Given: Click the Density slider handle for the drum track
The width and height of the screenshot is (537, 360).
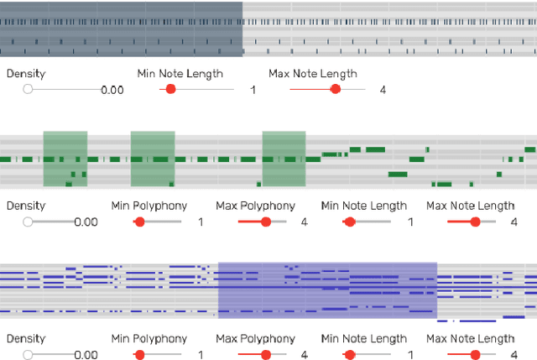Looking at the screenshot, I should (x=29, y=89).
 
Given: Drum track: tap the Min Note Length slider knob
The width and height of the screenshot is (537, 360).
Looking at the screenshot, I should (x=171, y=89).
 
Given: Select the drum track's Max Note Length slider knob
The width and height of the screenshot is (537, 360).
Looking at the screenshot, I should (x=336, y=89).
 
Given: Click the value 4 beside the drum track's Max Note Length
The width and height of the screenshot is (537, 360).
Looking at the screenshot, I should (x=383, y=89).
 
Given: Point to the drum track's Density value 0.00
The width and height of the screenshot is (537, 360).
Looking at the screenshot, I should (x=112, y=90).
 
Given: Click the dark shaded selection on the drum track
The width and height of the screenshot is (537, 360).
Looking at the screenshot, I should (x=121, y=29).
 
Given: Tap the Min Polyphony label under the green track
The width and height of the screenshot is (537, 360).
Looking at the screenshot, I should (x=149, y=206).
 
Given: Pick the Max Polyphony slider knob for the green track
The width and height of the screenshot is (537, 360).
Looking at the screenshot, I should (x=266, y=222).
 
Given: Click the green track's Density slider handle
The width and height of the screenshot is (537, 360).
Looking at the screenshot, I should (x=29, y=222).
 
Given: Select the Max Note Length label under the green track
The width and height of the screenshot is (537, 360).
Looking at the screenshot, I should (x=470, y=206).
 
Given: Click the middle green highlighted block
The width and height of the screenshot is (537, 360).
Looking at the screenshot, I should (x=153, y=159).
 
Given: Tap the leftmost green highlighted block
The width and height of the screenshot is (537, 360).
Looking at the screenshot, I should (x=65, y=159).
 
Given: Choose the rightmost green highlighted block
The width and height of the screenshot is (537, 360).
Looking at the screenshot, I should (x=284, y=159).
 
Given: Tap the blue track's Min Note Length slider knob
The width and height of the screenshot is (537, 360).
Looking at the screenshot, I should (x=350, y=355).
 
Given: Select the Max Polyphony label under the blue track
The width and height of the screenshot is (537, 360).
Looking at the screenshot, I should (x=256, y=339).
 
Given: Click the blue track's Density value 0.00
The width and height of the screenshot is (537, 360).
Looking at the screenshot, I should (x=86, y=355).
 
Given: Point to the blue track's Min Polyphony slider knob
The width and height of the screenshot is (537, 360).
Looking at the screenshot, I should (x=140, y=355).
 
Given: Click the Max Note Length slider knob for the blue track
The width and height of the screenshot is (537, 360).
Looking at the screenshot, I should (x=476, y=355).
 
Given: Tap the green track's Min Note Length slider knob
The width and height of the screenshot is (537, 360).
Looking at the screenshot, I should (x=350, y=222).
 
